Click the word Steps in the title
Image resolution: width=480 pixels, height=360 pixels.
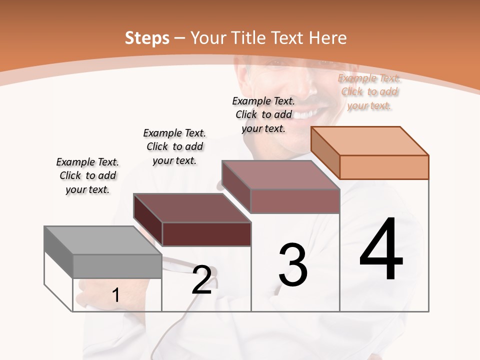[x=147, y=38]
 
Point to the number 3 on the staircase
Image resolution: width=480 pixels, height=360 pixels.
[x=292, y=264]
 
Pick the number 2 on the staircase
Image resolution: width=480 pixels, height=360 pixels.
[x=202, y=280]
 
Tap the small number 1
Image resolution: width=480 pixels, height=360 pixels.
[x=116, y=295]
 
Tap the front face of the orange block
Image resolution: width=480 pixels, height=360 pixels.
[x=384, y=167]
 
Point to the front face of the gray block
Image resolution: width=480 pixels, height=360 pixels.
[x=117, y=265]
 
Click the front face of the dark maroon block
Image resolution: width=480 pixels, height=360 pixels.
[x=206, y=234]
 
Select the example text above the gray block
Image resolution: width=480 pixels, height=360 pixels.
[x=87, y=175]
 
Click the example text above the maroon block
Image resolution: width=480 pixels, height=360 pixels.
[x=174, y=146]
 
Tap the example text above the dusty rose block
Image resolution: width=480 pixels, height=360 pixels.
[x=263, y=114]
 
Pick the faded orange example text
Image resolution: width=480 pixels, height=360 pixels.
[x=369, y=91]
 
